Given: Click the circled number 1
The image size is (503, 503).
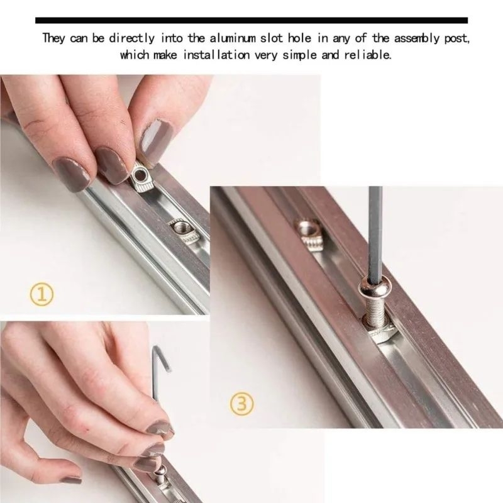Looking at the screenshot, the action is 41,296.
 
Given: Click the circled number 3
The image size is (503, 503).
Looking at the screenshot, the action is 242,404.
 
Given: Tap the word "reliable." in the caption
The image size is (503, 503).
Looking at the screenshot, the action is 368,55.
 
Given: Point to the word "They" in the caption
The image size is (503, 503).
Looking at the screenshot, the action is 54,38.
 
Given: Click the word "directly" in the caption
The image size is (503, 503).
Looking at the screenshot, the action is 131,38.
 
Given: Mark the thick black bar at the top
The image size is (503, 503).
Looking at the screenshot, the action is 251,21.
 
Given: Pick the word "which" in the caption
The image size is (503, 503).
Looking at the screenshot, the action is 135,55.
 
